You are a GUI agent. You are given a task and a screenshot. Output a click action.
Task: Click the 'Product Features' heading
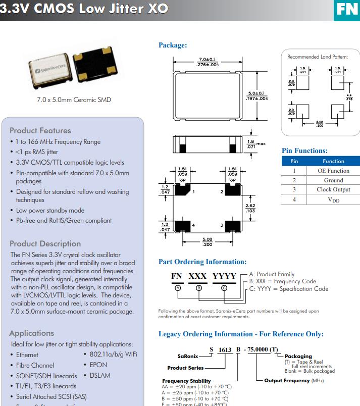40,130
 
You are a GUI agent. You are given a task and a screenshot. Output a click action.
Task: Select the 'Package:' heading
173,45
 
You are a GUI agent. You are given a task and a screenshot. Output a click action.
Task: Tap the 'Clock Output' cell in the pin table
333,189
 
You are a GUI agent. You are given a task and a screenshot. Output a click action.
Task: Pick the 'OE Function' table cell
333,171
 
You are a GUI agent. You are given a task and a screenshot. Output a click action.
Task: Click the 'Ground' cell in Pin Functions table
333,180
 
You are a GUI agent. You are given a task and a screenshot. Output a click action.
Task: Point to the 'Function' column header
333,161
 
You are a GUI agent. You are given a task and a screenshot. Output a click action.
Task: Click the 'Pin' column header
294,161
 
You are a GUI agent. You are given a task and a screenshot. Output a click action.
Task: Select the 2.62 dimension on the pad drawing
250,208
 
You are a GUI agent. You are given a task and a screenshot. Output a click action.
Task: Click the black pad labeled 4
182,225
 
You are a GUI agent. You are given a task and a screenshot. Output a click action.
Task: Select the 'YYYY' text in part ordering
224,276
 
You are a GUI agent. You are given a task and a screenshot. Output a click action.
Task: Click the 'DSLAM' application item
100,375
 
